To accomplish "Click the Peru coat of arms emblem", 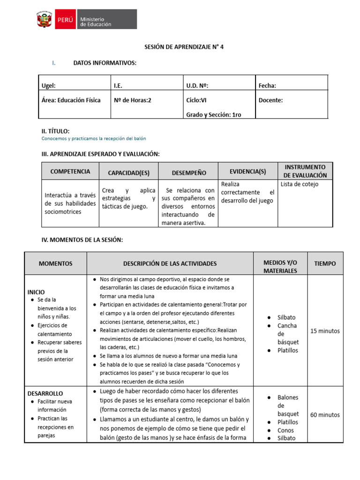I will point(45,20).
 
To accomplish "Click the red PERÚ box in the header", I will point(65,20).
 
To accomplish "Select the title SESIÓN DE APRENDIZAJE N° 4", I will point(180,47).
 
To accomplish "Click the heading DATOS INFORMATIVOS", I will point(105,63).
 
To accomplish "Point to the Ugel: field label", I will point(49,85).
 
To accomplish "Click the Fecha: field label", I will point(267,85).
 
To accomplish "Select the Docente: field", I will point(270,100).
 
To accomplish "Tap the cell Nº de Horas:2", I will point(133,100).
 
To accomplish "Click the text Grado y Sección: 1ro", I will point(214,114).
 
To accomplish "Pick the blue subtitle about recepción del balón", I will point(94,139).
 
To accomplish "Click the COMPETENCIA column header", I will point(70,172).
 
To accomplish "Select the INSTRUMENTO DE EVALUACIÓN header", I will point(305,171).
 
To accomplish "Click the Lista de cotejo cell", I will point(300,184).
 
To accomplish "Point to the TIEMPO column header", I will point(325,263).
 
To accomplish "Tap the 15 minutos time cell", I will point(325,331).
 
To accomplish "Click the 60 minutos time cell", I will point(325,415).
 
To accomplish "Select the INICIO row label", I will point(36,292).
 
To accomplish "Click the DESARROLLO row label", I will point(45,393).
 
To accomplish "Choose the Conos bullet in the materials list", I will point(285,430).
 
